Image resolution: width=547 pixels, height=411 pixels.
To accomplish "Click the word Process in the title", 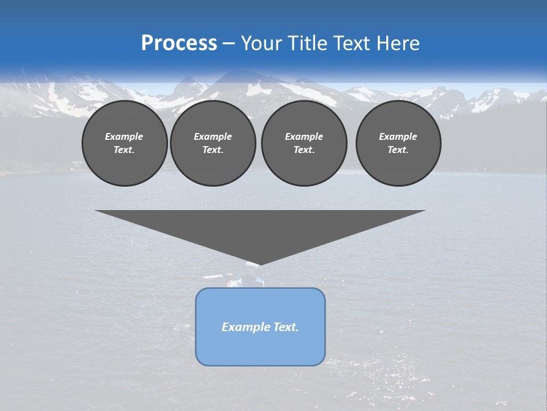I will (x=179, y=43).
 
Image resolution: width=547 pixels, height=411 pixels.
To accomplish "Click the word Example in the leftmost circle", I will (x=124, y=136).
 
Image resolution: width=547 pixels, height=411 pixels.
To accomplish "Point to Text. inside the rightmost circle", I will (x=398, y=150).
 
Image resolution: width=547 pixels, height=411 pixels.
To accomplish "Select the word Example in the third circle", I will (x=304, y=136).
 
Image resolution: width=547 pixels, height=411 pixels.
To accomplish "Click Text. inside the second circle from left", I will (x=213, y=150).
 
